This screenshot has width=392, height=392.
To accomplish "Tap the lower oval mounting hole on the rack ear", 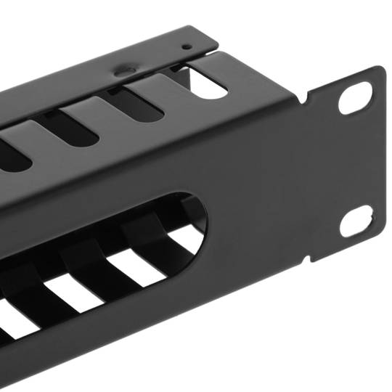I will point(356,220).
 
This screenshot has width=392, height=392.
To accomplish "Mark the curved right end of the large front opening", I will point(205,218).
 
